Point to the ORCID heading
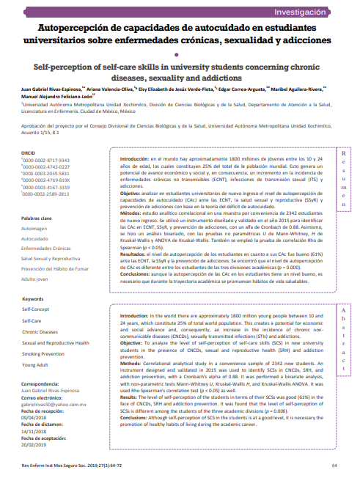click(x=29, y=152)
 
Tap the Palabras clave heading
click(x=37, y=218)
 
